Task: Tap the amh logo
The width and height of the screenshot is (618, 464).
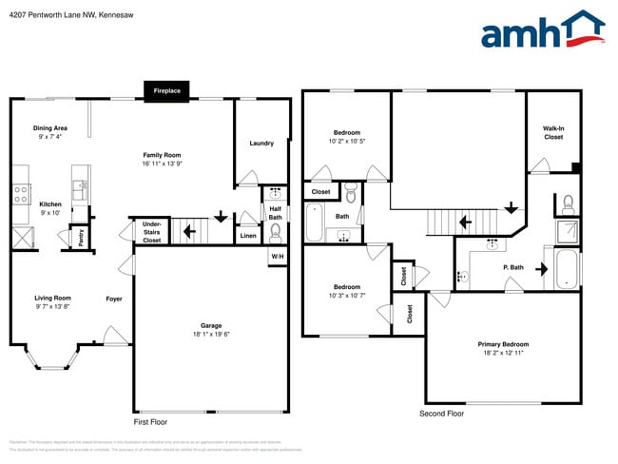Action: pos(543,30)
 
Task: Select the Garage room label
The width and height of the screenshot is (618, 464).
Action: pos(211,326)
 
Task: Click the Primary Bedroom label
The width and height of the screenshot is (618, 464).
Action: pos(503,344)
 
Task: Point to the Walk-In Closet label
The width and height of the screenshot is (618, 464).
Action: pos(553,132)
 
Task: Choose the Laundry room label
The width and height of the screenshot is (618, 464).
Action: pos(261,144)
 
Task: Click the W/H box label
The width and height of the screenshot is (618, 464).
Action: pos(278,256)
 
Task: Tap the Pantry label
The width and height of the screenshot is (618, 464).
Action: pos(81,237)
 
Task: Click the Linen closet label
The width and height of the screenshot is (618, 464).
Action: pos(248,235)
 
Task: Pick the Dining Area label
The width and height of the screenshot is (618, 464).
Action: pos(50,127)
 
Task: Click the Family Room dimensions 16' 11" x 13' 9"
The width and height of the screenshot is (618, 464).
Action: pos(162,164)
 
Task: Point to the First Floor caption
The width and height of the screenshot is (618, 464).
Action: pos(151,420)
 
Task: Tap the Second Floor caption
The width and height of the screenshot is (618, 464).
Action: pos(441,414)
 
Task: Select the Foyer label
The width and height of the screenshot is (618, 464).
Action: pos(113,298)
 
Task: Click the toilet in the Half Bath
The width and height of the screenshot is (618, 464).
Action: pos(276,230)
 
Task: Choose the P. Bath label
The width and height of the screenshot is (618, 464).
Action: pos(513,267)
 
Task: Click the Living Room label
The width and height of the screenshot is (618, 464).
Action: pos(53,298)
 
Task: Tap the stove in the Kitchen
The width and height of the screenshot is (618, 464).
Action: pos(20,194)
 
